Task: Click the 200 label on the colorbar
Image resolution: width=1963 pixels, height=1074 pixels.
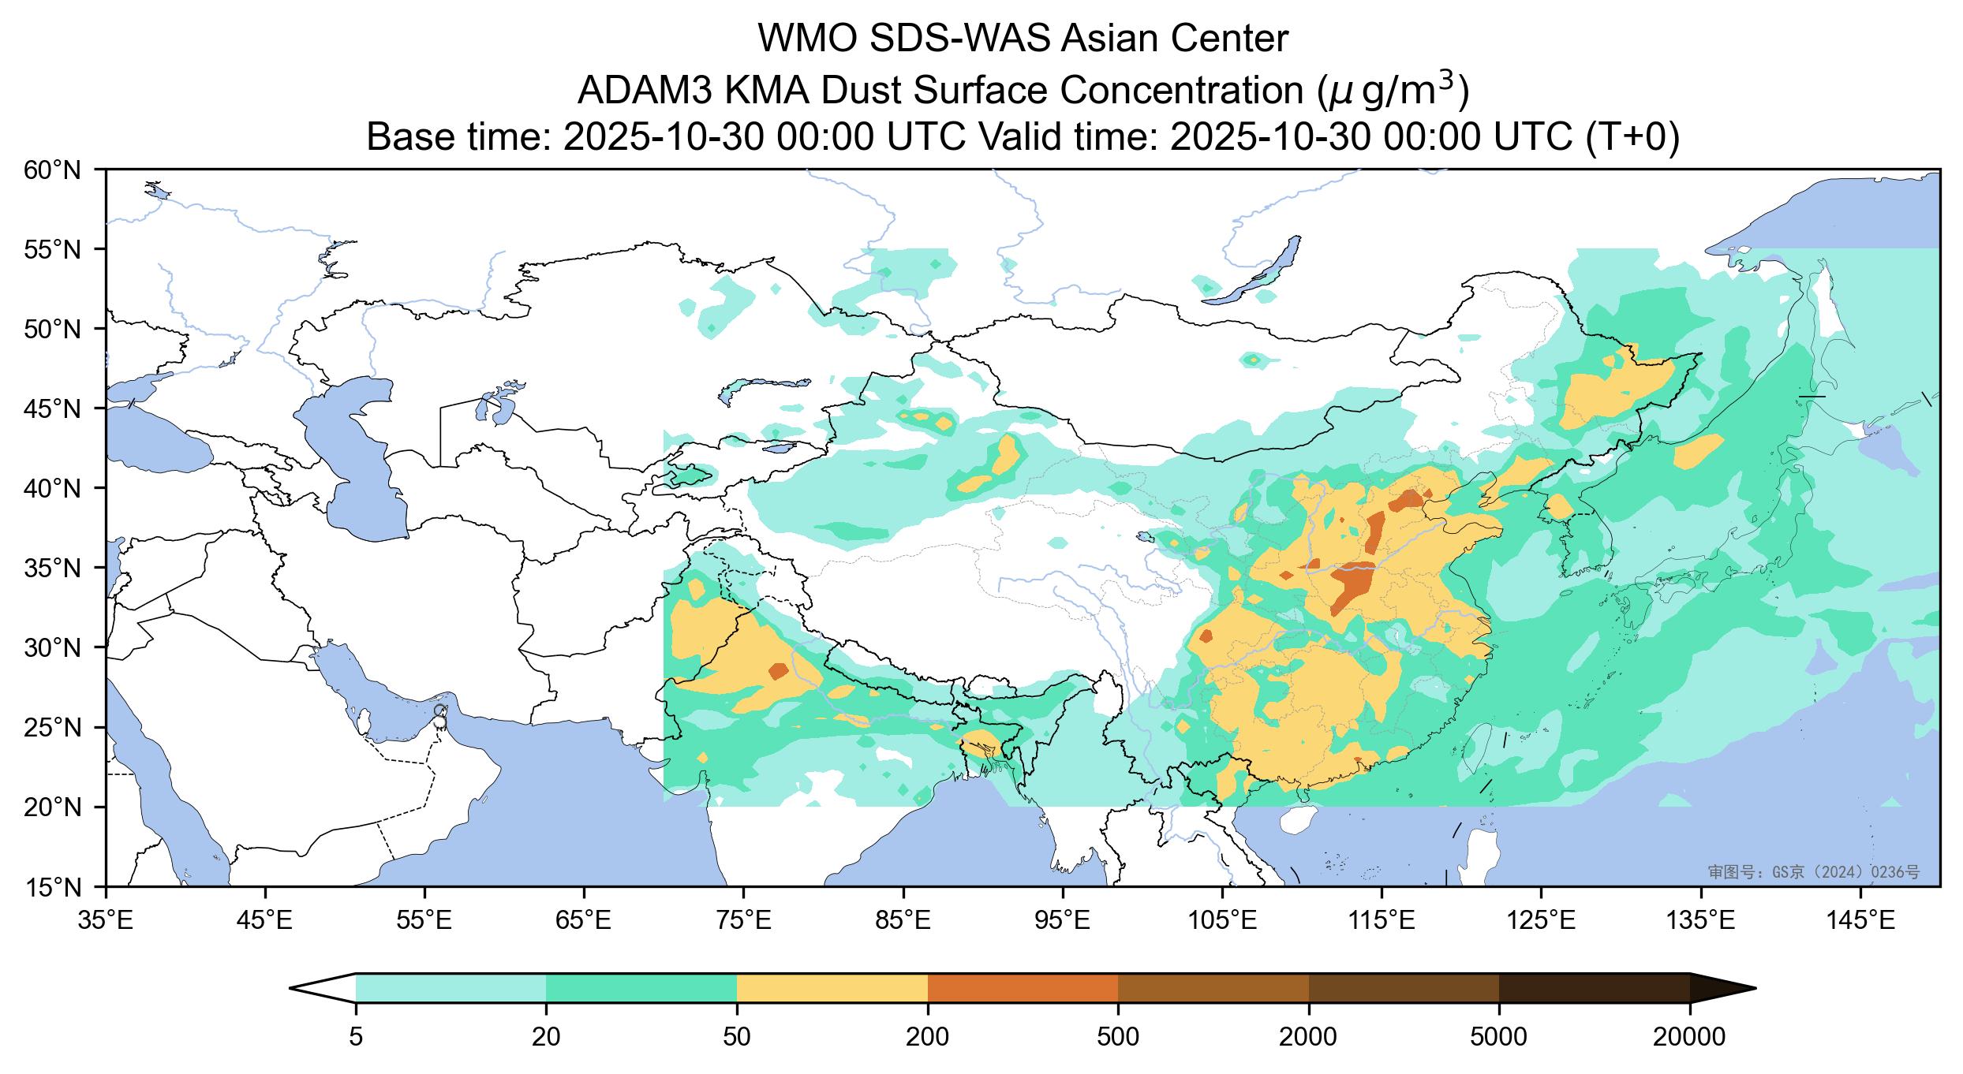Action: coord(928,1036)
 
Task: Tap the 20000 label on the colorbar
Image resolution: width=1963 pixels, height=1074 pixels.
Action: coord(1689,1036)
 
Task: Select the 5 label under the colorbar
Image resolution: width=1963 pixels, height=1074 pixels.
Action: coord(356,1036)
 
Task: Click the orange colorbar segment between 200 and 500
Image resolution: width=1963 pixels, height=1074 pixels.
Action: coord(1023,988)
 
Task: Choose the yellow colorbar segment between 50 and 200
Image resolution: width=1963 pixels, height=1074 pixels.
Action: coord(832,988)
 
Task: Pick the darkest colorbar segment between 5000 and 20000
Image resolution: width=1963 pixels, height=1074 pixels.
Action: coord(1594,988)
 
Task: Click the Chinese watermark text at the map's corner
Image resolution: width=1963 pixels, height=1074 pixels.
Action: coord(1813,872)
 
